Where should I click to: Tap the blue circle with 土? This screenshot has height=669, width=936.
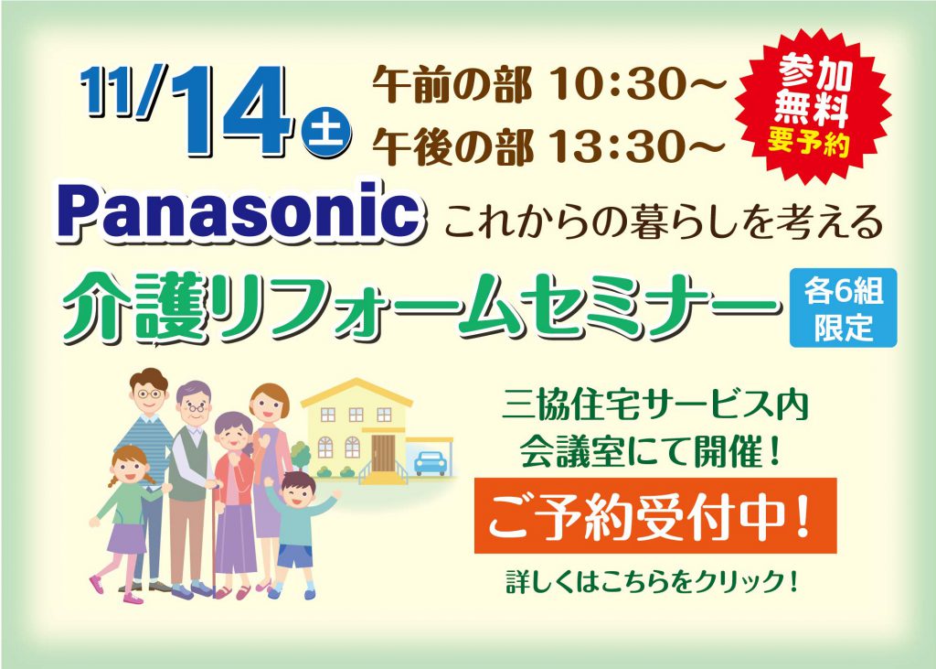pos(326,132)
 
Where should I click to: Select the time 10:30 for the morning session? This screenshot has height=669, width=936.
pos(637,85)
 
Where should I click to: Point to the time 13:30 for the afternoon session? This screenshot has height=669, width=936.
pos(637,146)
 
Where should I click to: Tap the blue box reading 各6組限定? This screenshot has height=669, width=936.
pos(843,308)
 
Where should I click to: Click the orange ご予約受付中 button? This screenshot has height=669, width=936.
pos(654,515)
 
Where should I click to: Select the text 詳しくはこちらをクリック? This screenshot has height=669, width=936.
pos(653,581)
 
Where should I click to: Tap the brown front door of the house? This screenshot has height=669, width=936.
pos(383,453)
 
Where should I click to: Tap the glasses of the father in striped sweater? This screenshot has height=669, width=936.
pos(149,394)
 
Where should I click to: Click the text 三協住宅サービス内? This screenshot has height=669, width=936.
pos(654,405)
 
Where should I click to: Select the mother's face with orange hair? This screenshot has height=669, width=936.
pos(270,409)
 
